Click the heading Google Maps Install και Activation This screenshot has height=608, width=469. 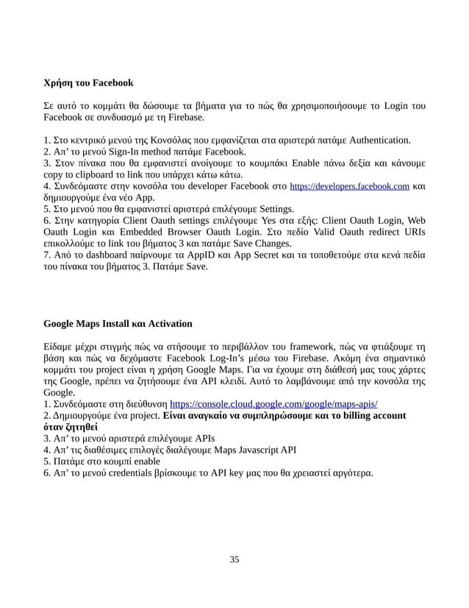coord(118,323)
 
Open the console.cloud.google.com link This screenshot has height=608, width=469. coord(274,404)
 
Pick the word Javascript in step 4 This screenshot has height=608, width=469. coord(248,451)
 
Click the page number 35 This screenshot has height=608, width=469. coord(234,560)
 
